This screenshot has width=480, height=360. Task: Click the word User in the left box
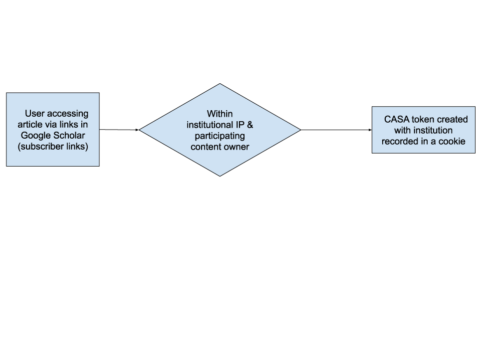coord(35,114)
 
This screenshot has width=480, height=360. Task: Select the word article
coord(30,125)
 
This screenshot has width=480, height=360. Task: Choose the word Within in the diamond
coord(220,114)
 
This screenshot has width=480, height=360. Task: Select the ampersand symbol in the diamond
coord(250,125)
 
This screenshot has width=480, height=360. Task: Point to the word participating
coord(220,136)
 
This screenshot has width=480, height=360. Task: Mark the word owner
coord(236,147)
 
